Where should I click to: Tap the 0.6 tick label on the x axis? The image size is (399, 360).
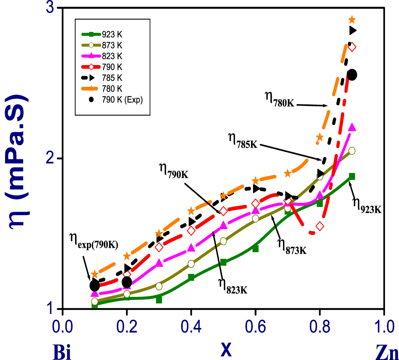255,325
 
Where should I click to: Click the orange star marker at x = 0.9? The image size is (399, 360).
352,19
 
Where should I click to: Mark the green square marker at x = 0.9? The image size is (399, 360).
352,176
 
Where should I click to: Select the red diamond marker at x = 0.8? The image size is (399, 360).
320,226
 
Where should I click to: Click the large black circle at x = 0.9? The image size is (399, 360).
352,75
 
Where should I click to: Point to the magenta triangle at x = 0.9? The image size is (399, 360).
352,127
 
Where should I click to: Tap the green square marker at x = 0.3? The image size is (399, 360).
159,300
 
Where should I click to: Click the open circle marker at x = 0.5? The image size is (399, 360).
223,241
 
